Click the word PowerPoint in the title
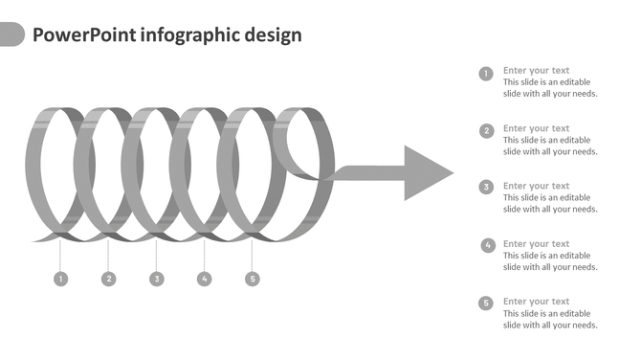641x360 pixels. [x=83, y=35]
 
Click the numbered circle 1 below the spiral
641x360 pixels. [x=60, y=279]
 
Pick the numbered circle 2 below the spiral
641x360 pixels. [x=108, y=279]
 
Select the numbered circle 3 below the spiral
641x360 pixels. [x=156, y=279]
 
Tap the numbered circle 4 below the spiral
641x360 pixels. [x=204, y=279]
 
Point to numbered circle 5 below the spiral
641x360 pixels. [x=252, y=279]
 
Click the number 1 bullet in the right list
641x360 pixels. [x=486, y=74]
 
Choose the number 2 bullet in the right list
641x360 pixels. [x=486, y=131]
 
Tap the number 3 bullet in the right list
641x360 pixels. [x=486, y=188]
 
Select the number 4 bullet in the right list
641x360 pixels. [x=488, y=245]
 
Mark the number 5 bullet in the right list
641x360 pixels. [x=486, y=304]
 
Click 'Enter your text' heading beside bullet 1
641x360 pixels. [x=536, y=70]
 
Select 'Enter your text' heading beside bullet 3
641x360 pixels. [x=536, y=186]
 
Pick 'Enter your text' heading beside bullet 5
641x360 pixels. [x=536, y=302]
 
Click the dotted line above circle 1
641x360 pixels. [x=60, y=254]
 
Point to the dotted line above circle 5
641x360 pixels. [x=252, y=254]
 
